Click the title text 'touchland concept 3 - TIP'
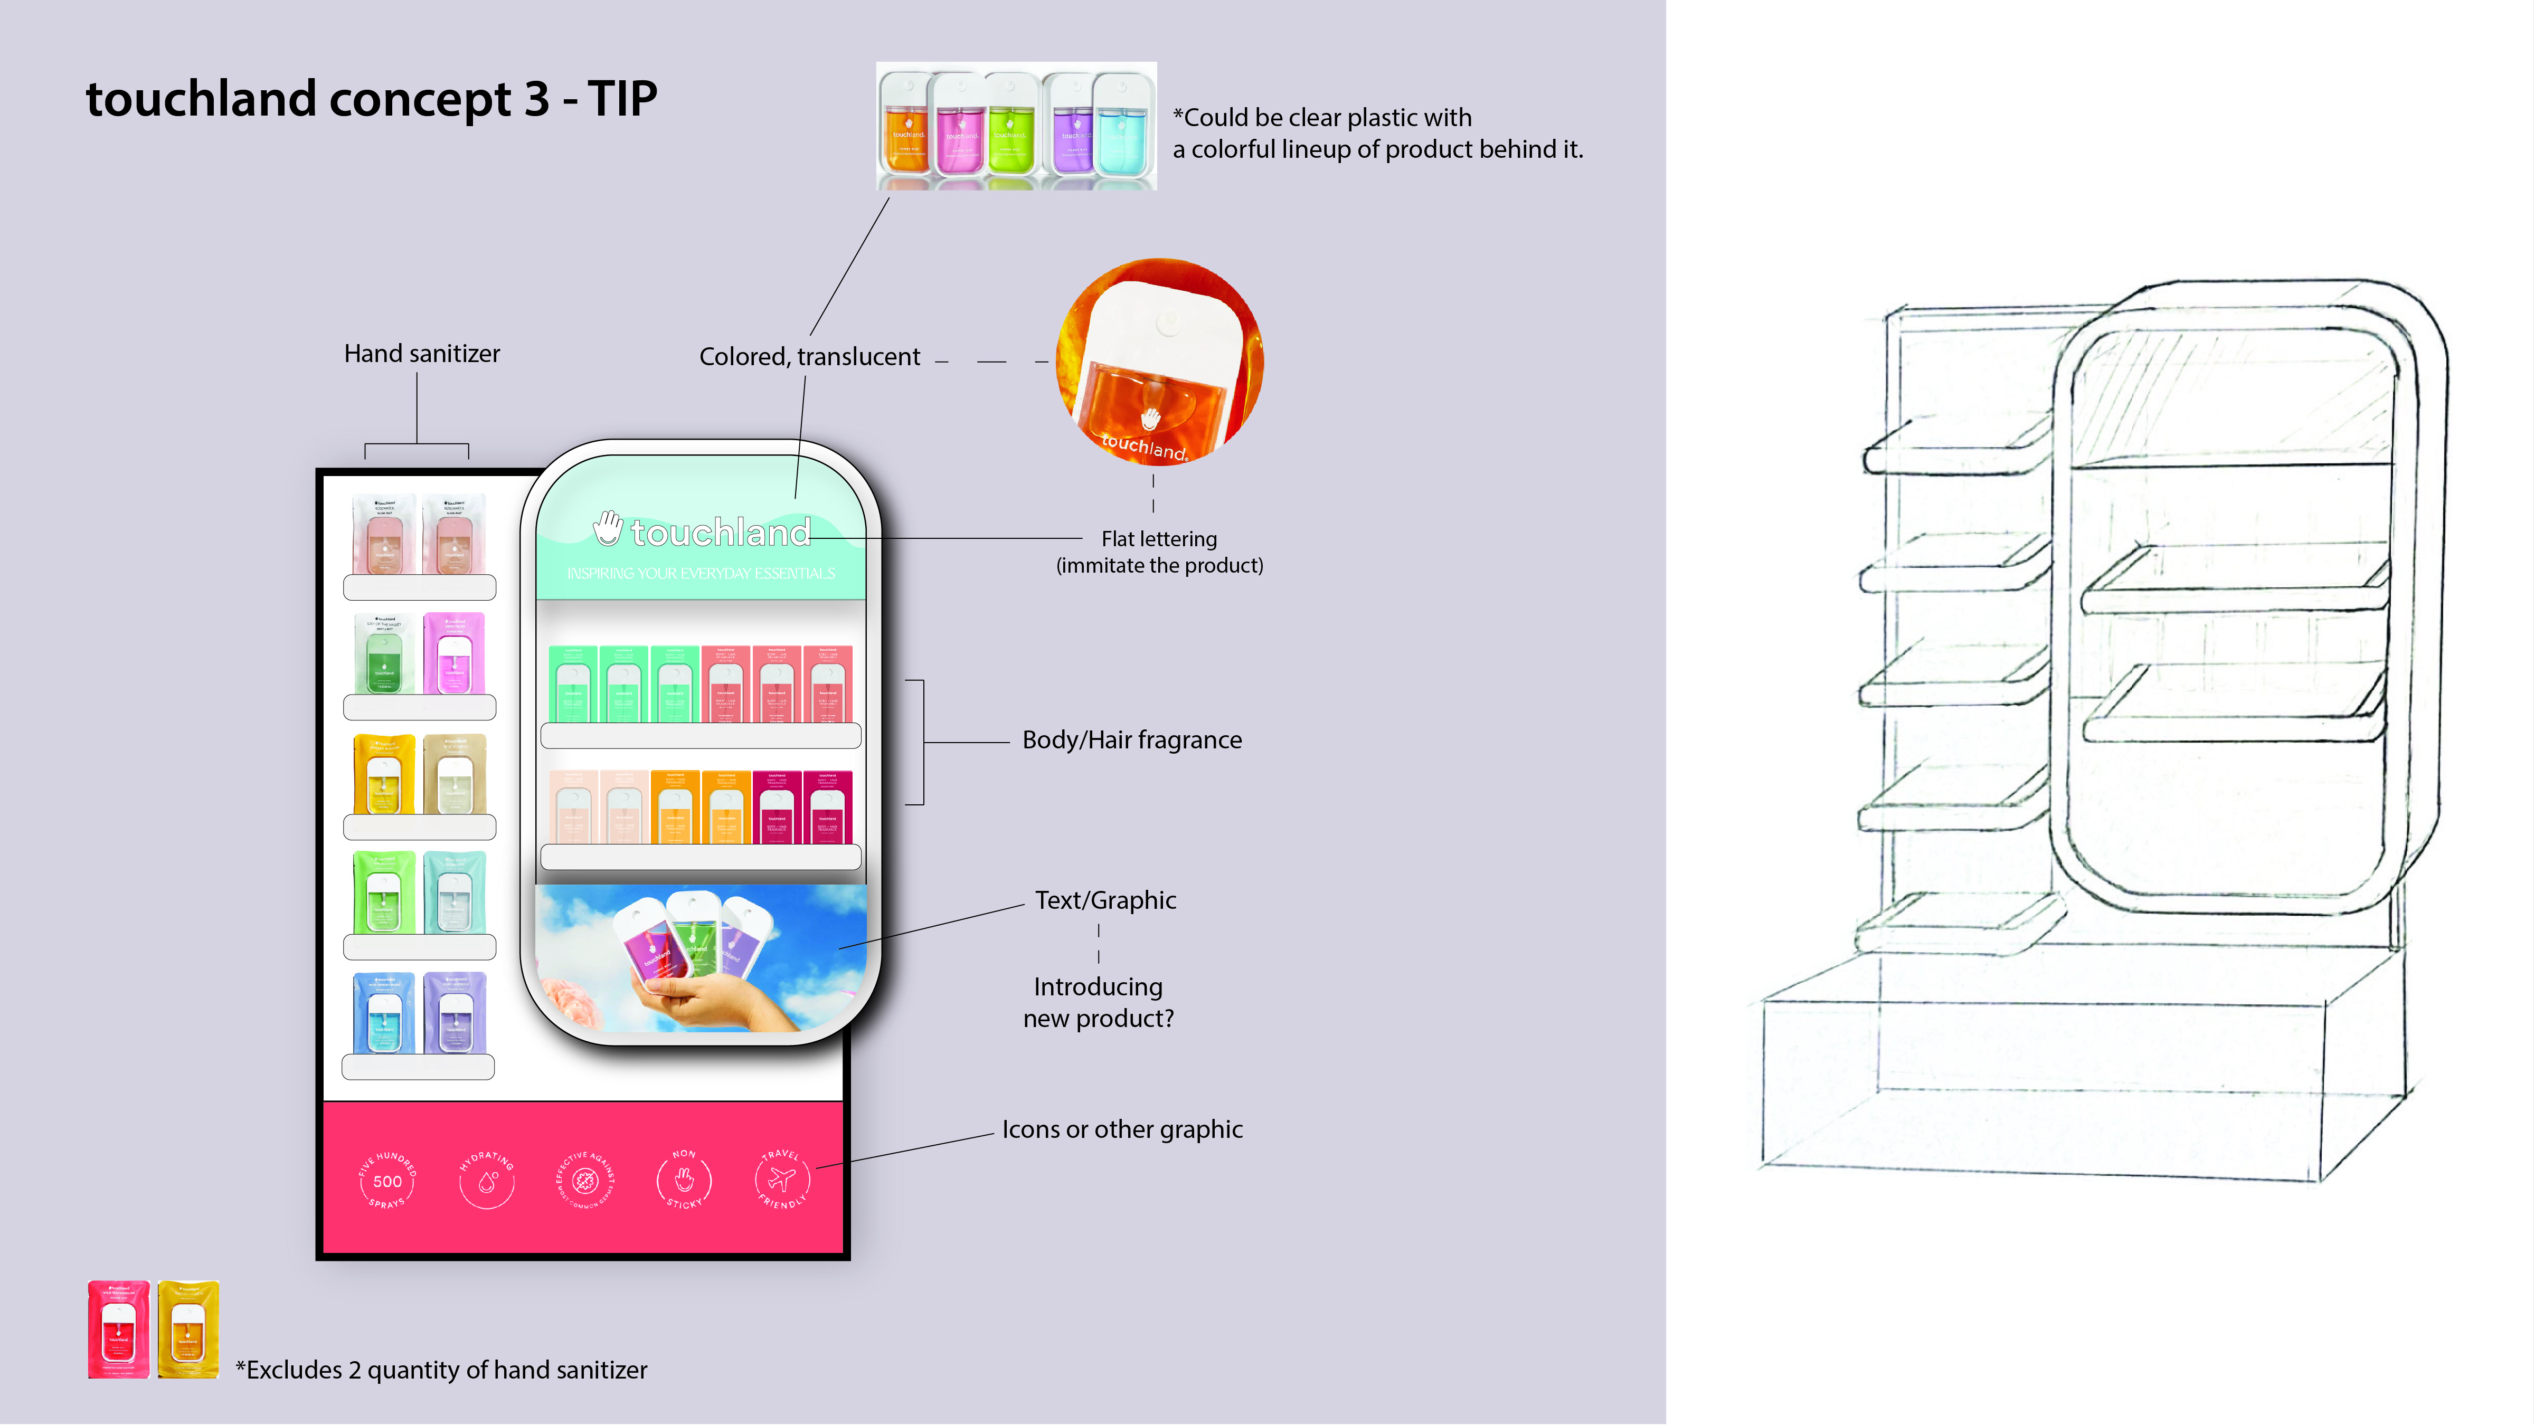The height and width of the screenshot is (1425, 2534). click(371, 99)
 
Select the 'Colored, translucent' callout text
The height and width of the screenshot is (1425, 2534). click(809, 356)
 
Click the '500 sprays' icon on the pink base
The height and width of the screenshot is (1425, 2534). click(386, 1180)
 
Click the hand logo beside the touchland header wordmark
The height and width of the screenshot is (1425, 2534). click(608, 528)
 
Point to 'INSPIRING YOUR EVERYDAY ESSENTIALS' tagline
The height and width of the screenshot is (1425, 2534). click(701, 573)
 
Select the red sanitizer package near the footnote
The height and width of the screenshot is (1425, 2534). click(118, 1328)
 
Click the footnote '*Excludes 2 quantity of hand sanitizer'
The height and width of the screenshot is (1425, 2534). click(441, 1370)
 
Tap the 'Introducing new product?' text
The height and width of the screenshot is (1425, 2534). click(1098, 1002)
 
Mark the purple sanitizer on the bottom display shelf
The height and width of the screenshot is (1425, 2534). click(455, 1013)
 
